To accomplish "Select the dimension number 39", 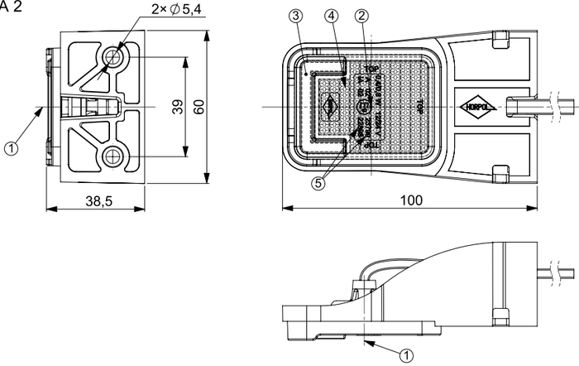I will tap(178, 107).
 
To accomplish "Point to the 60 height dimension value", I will tap(199, 107).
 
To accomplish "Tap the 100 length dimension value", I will tap(411, 200).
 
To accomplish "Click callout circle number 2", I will tap(361, 16).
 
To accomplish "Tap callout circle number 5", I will tap(318, 184).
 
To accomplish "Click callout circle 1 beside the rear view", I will tap(11, 149).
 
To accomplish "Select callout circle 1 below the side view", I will tap(406, 354).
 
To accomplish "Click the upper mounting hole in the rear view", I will tap(113, 57).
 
